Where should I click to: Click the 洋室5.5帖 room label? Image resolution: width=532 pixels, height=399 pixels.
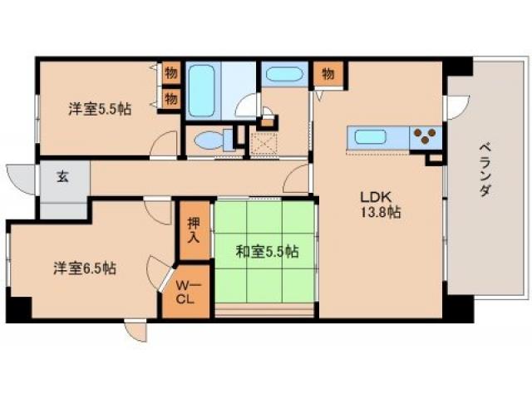100,109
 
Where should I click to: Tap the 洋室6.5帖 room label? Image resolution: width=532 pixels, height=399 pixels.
85,268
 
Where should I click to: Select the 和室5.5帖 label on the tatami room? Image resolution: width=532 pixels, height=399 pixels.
268,251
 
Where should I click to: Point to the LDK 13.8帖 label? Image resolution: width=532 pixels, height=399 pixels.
381,204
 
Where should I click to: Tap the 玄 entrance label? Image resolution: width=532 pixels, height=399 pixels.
62,176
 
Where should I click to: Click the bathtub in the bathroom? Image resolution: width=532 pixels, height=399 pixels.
202,90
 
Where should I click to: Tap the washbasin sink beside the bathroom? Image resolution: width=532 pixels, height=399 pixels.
284,74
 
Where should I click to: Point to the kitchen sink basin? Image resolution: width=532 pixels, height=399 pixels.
371,137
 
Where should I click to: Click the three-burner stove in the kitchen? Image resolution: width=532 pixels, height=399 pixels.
426,136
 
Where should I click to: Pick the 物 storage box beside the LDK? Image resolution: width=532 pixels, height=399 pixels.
328,73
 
